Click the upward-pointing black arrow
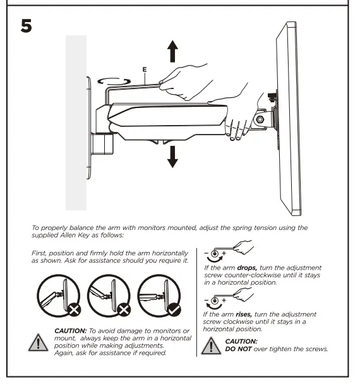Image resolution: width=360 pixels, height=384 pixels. tap(172, 51)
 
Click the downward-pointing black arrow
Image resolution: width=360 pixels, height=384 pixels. tap(172, 155)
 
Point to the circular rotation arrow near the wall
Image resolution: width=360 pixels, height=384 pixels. tap(115, 81)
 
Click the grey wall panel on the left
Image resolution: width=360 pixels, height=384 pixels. tap(76, 123)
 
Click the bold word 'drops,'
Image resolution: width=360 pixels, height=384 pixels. tap(247, 268)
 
